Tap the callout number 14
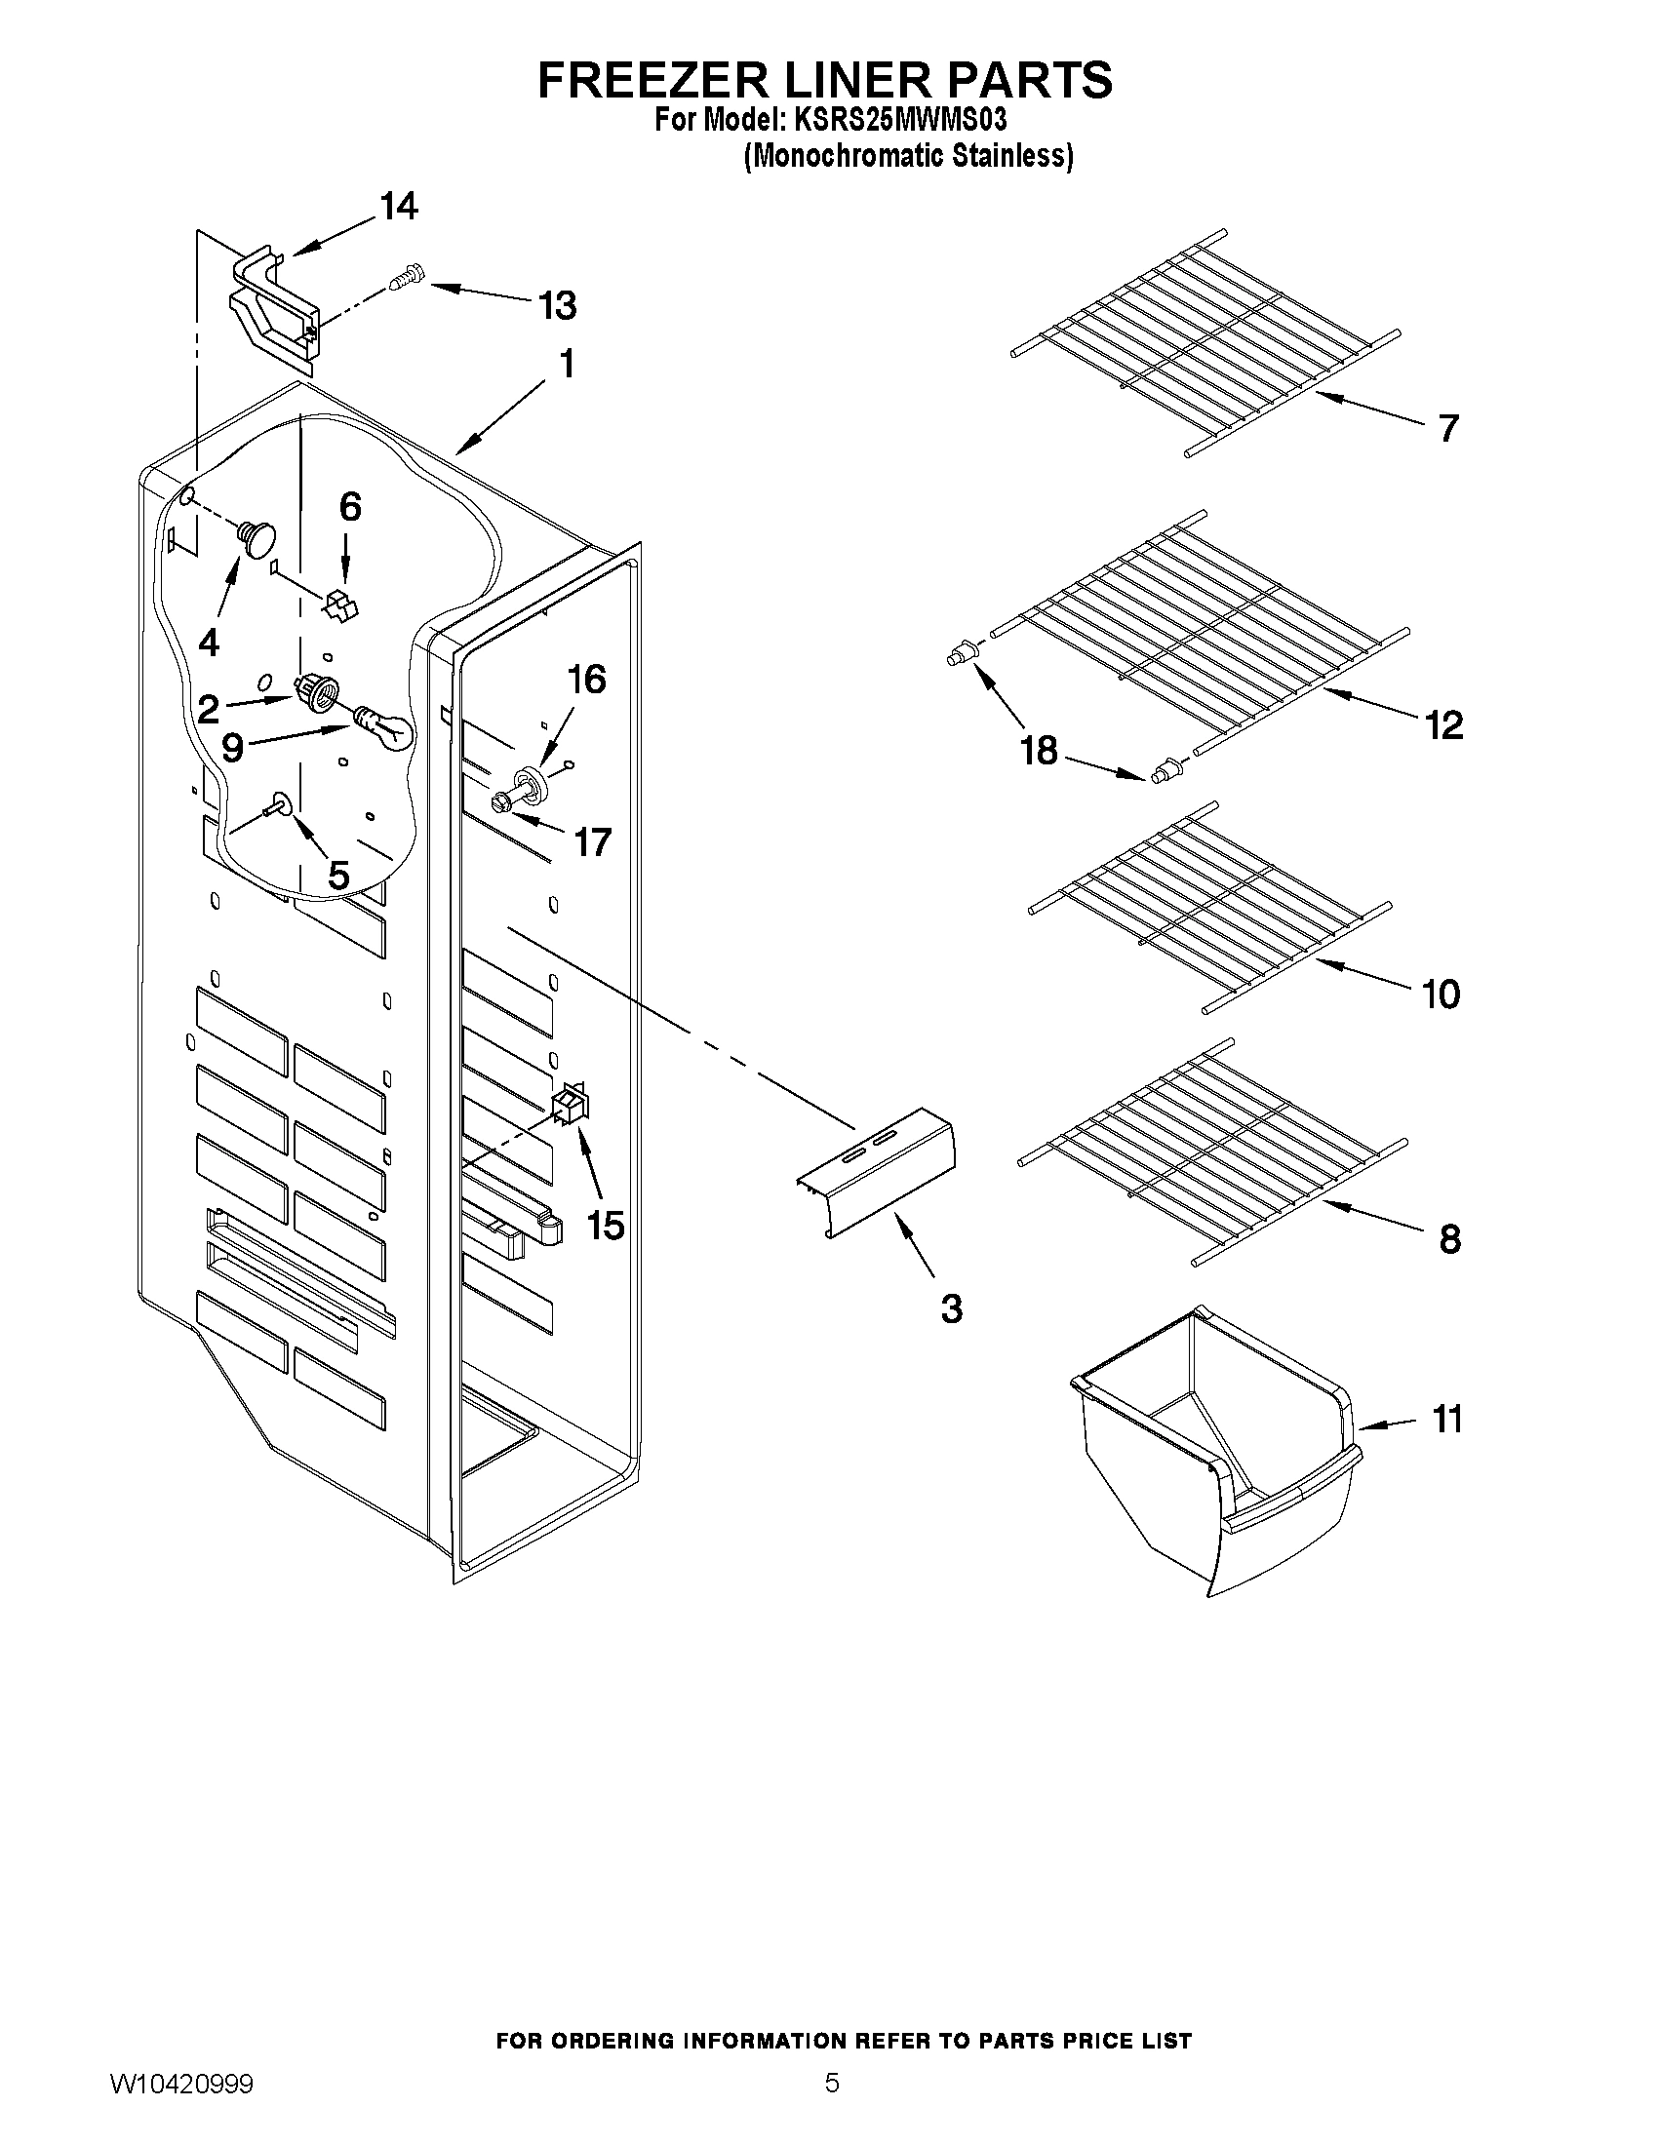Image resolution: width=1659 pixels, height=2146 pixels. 399,207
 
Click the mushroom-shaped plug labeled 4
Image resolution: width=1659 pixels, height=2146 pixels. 258,539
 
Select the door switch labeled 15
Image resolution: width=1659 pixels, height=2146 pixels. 570,1106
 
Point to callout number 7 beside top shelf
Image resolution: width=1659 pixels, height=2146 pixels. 1447,428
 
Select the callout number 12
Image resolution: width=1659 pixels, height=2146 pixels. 1443,725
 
